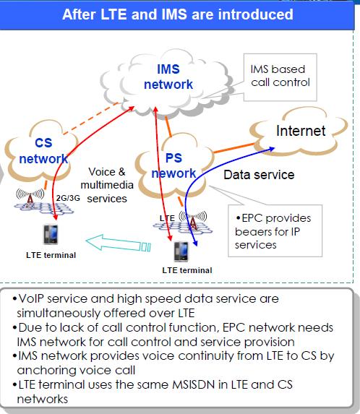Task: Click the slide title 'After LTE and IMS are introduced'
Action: point(177,14)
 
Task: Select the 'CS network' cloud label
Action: point(43,150)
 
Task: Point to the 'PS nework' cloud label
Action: point(173,165)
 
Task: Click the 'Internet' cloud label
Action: point(301,131)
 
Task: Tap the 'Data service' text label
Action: point(258,175)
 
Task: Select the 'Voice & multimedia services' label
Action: point(106,184)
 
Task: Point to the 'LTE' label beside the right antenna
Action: point(166,217)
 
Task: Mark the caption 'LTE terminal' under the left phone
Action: point(51,255)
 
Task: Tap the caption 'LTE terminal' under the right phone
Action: point(187,270)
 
